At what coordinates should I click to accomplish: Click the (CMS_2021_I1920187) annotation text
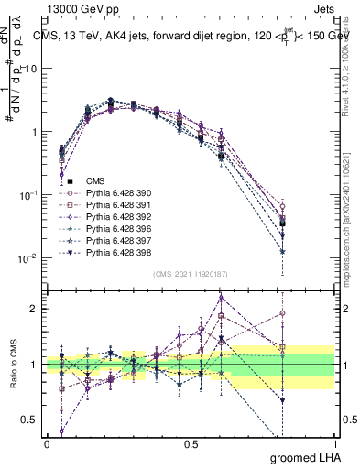pyautogui.click(x=190, y=274)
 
